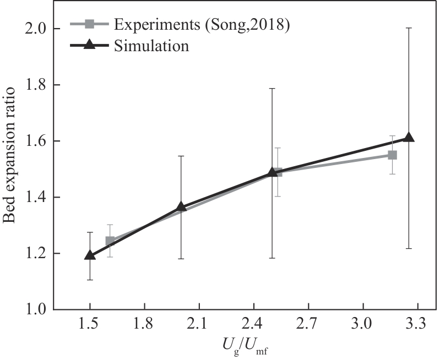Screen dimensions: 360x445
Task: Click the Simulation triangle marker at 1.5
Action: click(x=90, y=255)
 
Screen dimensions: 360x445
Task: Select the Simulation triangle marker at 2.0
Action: click(x=181, y=207)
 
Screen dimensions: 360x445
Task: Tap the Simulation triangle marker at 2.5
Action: click(x=272, y=172)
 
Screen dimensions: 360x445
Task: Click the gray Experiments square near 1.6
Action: click(x=110, y=241)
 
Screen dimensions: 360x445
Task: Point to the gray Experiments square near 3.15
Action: click(x=392, y=155)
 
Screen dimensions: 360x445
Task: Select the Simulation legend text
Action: click(x=151, y=46)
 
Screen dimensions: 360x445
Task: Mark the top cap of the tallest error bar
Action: click(x=409, y=28)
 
